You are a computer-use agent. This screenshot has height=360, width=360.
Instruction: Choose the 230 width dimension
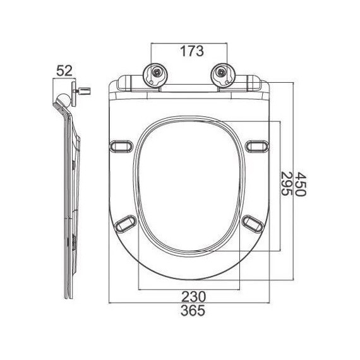pyautogui.click(x=188, y=296)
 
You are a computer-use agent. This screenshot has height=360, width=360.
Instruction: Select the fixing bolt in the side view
pyautogui.click(x=82, y=93)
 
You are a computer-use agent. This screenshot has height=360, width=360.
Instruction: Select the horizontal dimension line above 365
pyautogui.click(x=188, y=303)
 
